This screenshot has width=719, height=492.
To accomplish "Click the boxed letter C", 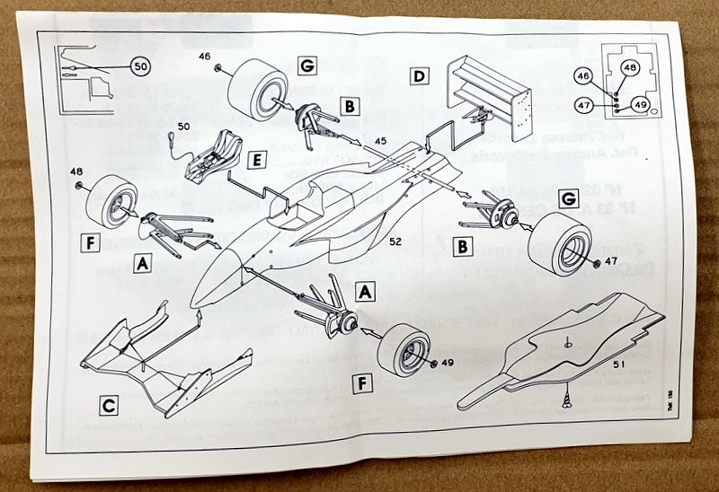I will click(x=109, y=406).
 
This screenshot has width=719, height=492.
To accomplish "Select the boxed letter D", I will click(x=419, y=76).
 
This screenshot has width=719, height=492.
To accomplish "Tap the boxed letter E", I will click(x=257, y=161).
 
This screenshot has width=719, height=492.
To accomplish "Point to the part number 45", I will click(x=380, y=140).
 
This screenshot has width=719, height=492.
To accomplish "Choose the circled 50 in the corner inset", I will click(x=139, y=66).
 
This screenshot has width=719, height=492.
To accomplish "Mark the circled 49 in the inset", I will click(x=640, y=105).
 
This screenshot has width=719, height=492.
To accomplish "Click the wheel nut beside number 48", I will click(x=80, y=186).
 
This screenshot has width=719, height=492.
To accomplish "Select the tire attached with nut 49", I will click(x=403, y=349).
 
